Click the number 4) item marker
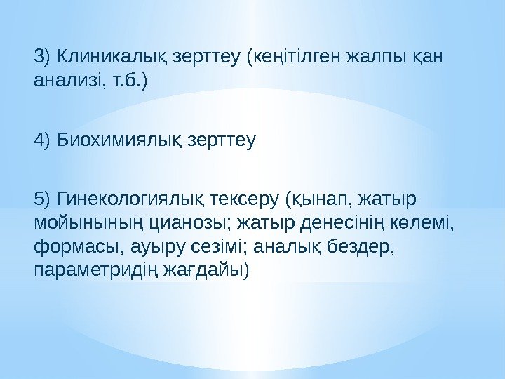coord(41,140)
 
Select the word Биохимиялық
coord(117,140)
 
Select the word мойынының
coord(90,225)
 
